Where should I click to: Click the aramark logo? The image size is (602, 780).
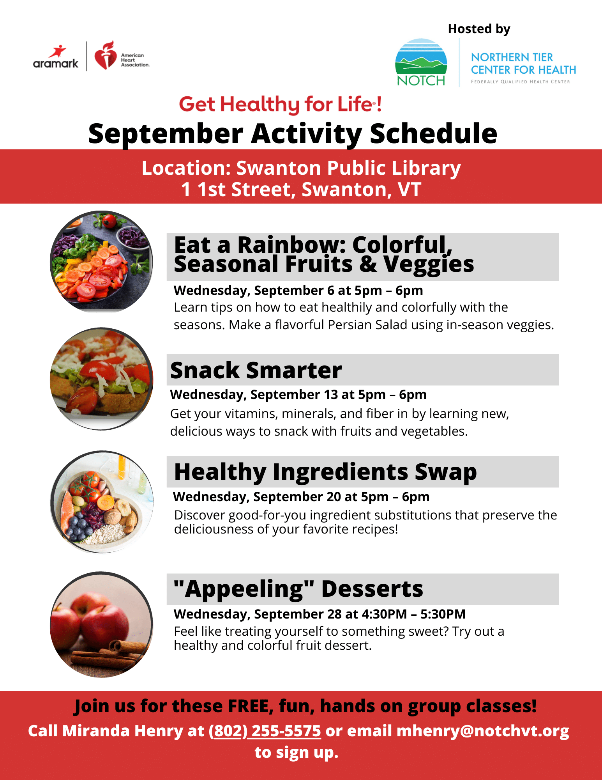tap(56, 57)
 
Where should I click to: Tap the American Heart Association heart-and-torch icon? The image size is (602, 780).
tap(106, 55)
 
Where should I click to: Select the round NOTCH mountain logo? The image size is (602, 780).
tap(421, 62)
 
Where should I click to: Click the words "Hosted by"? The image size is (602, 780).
tap(479, 29)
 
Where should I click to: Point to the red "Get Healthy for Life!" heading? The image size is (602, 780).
tap(280, 105)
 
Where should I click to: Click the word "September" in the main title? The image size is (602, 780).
tap(166, 134)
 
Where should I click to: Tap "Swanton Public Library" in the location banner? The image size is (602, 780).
tap(348, 168)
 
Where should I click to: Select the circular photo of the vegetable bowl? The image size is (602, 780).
tap(101, 262)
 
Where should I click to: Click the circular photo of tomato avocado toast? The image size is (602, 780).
tap(101, 379)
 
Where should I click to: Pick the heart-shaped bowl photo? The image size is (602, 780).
tap(101, 502)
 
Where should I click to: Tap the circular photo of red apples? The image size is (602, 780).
tap(101, 624)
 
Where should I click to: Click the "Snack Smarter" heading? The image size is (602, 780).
tap(256, 370)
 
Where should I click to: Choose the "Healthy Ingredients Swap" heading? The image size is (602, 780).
tap(325, 472)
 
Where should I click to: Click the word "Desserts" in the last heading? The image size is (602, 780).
tap(372, 589)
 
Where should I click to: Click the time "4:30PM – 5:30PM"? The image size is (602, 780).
tap(413, 614)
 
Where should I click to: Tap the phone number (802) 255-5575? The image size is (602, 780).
tap(265, 731)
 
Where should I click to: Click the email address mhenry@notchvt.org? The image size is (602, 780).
tap(483, 731)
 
